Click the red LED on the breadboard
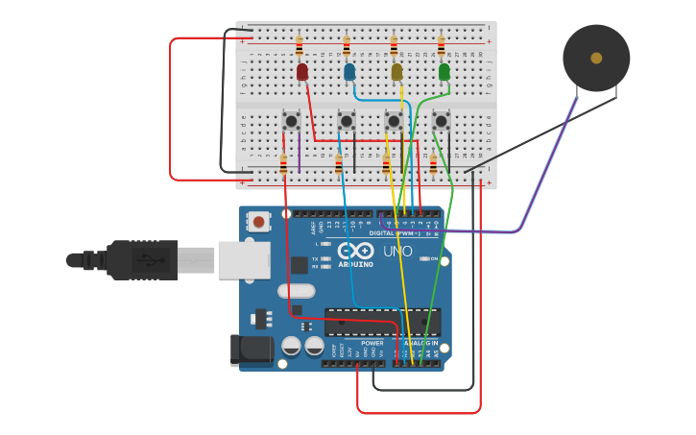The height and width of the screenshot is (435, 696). (302, 72)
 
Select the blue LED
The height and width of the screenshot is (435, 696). (349, 72)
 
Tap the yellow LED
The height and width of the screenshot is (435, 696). (396, 72)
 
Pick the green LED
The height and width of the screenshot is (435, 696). (444, 72)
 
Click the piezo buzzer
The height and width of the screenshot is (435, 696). (596, 59)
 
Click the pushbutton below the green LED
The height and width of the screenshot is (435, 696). (441, 121)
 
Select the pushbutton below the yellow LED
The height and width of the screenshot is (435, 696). (394, 121)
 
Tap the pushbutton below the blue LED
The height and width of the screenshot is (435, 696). (347, 121)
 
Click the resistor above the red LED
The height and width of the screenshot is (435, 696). (299, 46)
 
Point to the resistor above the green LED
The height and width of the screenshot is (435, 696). (441, 46)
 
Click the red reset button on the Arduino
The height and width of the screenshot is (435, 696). (258, 222)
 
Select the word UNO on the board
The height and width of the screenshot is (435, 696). (397, 252)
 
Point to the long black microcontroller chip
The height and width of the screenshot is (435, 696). (382, 322)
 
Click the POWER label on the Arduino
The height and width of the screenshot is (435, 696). (372, 343)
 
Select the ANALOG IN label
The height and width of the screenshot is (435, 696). (420, 343)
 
